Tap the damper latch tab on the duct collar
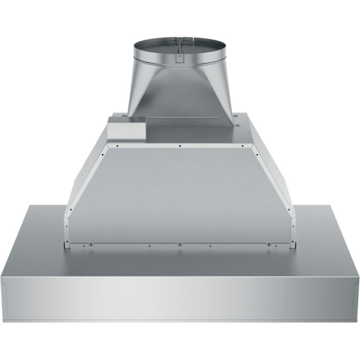coord(179,56)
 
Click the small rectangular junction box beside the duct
coord(126,129)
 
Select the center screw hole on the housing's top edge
coord(180,146)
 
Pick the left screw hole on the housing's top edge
coord(117,146)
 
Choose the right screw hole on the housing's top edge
coord(242,146)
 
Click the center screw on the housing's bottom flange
coord(180,244)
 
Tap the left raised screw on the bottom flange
coord(91,244)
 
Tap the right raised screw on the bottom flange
coord(269,244)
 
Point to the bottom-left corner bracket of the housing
coord(66,244)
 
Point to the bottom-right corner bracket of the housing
coord(293,244)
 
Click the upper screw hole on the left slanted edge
coord(102,155)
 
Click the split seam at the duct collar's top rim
coord(180,38)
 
